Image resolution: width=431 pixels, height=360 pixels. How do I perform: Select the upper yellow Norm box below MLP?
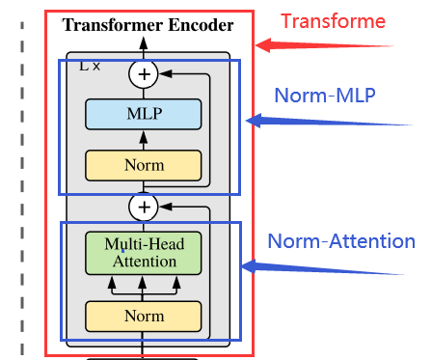144,165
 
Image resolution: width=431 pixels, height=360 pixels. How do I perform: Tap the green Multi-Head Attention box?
144,252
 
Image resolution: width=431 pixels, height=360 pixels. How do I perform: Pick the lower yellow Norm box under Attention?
144,316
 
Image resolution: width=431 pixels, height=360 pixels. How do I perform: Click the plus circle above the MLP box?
145,73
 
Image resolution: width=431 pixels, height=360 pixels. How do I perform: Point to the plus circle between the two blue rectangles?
145,207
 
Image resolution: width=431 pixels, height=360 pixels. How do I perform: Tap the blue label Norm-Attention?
340,241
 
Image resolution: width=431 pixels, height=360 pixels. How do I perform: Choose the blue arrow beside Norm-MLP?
289,121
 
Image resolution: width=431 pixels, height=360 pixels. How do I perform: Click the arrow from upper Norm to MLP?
144,141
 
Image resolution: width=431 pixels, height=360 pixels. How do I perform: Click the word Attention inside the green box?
144,262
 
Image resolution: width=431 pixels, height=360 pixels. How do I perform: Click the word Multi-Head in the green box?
144,243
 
